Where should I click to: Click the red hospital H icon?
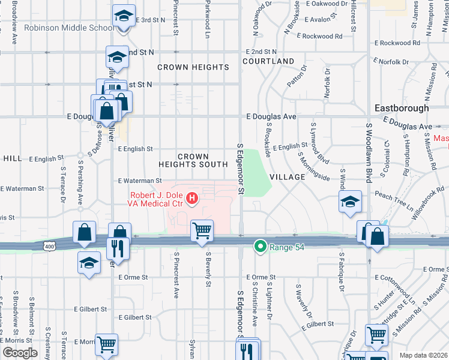(191, 197)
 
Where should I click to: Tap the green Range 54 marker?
(260, 246)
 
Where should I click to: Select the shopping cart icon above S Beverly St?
(202, 230)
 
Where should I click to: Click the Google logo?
(19, 353)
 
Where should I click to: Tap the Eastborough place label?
(402, 108)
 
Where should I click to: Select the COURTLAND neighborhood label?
(268, 61)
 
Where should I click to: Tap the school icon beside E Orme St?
(89, 262)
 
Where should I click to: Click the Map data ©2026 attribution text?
(423, 355)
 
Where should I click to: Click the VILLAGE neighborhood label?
(288, 178)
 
